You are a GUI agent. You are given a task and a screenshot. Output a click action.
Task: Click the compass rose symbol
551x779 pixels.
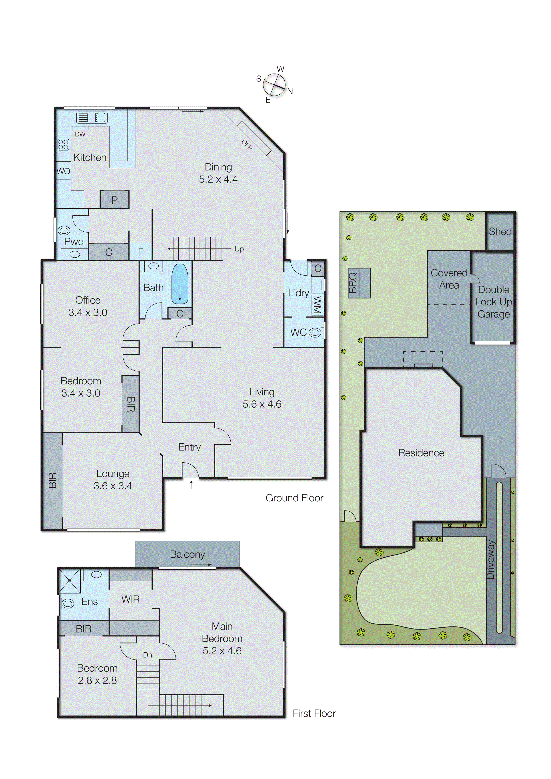tap(274, 84)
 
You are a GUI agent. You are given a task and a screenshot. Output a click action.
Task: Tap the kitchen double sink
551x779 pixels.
tap(92, 118)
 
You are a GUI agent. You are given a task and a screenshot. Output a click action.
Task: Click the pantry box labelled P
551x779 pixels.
tap(114, 200)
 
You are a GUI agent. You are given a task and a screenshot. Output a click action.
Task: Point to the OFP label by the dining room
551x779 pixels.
tap(247, 144)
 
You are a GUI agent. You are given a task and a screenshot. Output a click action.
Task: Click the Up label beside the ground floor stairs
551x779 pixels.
tap(239, 249)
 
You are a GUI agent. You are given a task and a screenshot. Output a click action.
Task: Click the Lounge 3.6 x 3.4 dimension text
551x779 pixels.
tap(113, 486)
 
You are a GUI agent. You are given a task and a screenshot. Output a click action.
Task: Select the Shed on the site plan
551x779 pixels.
tap(500, 231)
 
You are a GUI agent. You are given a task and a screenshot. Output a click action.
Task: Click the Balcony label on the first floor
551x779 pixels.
tap(187, 554)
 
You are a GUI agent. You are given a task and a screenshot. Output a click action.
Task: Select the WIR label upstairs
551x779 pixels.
tap(130, 599)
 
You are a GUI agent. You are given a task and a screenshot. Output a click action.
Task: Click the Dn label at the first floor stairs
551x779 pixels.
tap(147, 655)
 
